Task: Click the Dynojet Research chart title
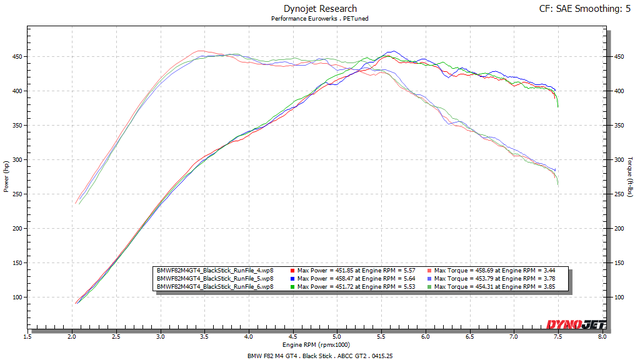pyautogui.click(x=319, y=9)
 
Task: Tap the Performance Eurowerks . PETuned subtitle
pyautogui.click(x=319, y=19)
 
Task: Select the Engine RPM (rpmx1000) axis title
pyautogui.click(x=316, y=344)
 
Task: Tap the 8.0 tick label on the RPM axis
pyautogui.click(x=602, y=336)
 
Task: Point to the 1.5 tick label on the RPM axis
pyautogui.click(x=28, y=336)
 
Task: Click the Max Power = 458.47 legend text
pyautogui.click(x=357, y=278)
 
